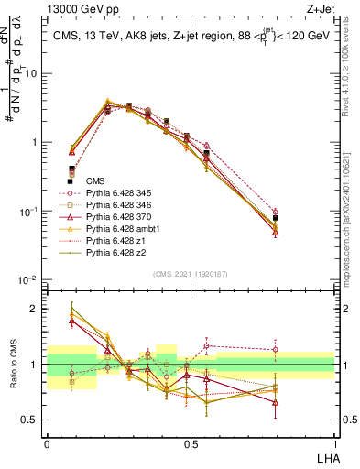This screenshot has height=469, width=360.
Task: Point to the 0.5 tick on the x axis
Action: pos(190,443)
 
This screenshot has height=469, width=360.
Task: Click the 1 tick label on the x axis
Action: pos(333,443)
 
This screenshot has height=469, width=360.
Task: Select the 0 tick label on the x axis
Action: pos(47,443)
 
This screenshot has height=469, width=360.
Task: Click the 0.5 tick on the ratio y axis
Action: pos(33,420)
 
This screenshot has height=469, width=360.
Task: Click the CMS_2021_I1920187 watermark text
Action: pos(190,274)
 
